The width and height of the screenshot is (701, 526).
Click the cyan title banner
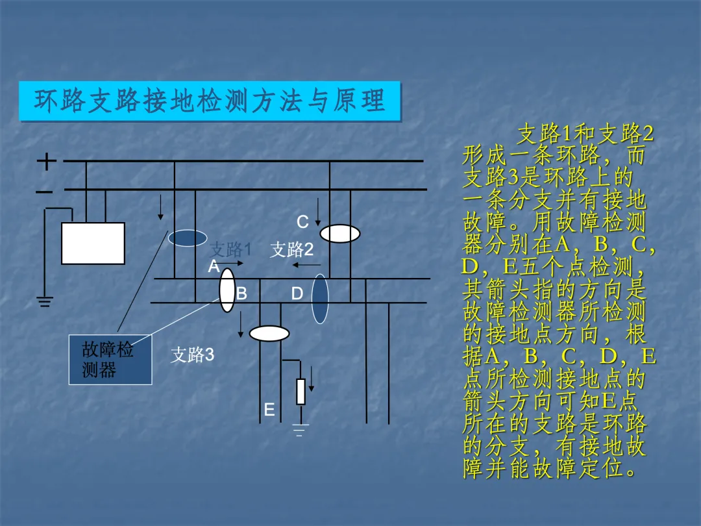tap(210, 101)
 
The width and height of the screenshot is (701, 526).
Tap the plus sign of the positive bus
tap(46, 160)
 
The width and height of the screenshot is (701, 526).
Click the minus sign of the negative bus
tap(44, 192)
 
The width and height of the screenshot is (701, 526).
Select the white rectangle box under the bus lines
tap(93, 244)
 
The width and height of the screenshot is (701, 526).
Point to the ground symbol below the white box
tap(44, 301)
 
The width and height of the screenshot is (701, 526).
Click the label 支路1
tap(230, 249)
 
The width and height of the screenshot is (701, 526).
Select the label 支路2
tap(291, 249)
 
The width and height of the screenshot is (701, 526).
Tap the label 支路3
tap(192, 355)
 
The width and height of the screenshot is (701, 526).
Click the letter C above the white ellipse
tap(302, 222)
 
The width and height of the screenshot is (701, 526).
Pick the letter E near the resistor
tap(269, 410)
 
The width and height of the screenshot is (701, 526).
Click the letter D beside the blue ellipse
tap(297, 294)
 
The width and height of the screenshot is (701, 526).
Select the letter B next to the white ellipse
tap(241, 294)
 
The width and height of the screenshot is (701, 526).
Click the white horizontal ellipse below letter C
tap(339, 234)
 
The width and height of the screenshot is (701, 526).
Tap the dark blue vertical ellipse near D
tap(320, 299)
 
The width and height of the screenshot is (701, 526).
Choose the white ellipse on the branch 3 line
tap(269, 334)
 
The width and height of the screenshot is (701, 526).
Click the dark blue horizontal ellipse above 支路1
tap(188, 238)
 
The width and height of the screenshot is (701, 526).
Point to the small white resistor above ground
tap(301, 392)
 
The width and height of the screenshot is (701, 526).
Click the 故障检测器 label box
tap(110, 360)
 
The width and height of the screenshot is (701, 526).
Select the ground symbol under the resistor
tap(300, 430)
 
